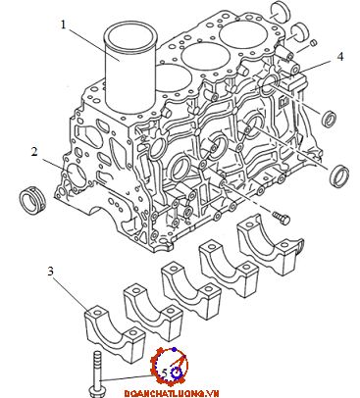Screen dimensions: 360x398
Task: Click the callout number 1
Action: tap(64, 25)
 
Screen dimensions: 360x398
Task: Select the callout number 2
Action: tap(34, 152)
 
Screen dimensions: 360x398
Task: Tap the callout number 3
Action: tap(50, 272)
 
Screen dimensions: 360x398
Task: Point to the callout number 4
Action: tap(340, 57)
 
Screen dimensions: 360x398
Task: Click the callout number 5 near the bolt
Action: tap(165, 373)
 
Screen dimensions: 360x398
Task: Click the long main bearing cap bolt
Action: tap(96, 374)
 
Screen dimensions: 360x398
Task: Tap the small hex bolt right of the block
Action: tap(282, 218)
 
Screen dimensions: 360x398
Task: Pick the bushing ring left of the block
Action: tap(33, 200)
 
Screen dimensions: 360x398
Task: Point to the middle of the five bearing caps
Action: tap(189, 291)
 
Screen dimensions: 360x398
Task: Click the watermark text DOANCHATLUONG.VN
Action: tap(171, 393)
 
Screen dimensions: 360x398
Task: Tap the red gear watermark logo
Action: tap(169, 367)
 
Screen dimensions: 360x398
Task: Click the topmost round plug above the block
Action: tap(281, 13)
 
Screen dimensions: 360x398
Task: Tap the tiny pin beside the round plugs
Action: tap(314, 42)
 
